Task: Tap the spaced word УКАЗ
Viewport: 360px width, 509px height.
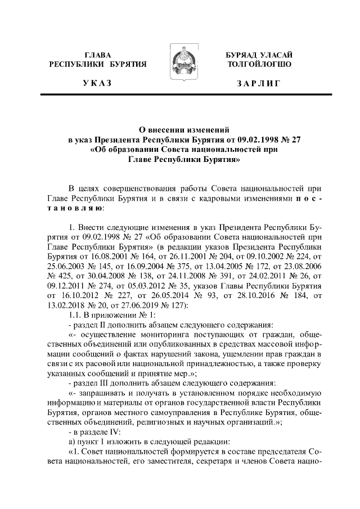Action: (x=97, y=84)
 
